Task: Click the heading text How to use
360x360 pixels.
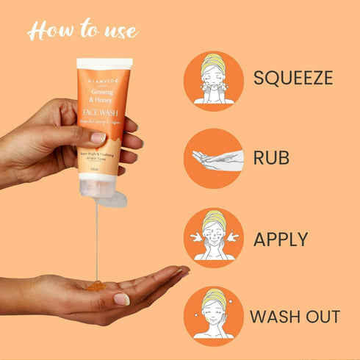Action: tap(82, 31)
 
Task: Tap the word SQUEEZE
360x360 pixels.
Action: tap(292, 76)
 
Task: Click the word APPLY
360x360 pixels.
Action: tap(281, 239)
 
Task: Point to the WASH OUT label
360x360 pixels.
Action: tap(295, 317)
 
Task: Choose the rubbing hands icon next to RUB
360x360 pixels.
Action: tap(213, 158)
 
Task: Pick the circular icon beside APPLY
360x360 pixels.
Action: tap(212, 237)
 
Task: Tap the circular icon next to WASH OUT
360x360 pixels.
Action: tap(212, 317)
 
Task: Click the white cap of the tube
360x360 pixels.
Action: tap(104, 64)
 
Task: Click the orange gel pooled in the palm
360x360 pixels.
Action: tap(97, 284)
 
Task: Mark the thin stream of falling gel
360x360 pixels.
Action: tap(97, 235)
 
